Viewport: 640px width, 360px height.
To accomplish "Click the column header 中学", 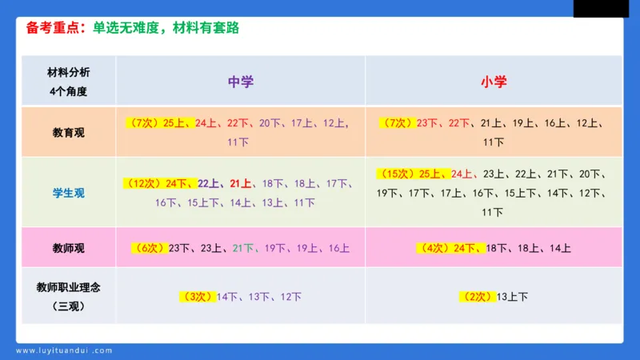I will point(241,82).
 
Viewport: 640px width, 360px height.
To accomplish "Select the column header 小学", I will point(494,82).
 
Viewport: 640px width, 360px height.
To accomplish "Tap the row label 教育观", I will point(69,132).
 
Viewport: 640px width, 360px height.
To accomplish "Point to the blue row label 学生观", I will point(69,193).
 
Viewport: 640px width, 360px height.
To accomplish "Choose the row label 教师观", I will point(69,248).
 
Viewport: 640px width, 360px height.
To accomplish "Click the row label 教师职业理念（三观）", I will point(69,296).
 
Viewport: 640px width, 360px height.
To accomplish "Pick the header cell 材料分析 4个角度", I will point(69,82).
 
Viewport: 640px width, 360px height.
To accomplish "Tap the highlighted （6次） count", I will point(150,248).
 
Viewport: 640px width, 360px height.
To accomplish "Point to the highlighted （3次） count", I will point(198,297).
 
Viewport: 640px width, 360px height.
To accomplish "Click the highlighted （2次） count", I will point(477,297).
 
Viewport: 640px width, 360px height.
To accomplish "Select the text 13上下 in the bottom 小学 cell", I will point(512,297).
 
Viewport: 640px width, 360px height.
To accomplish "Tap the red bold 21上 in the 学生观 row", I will point(240,183).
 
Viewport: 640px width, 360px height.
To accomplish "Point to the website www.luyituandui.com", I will point(63,350).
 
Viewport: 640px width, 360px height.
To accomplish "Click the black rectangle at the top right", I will point(601,8).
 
